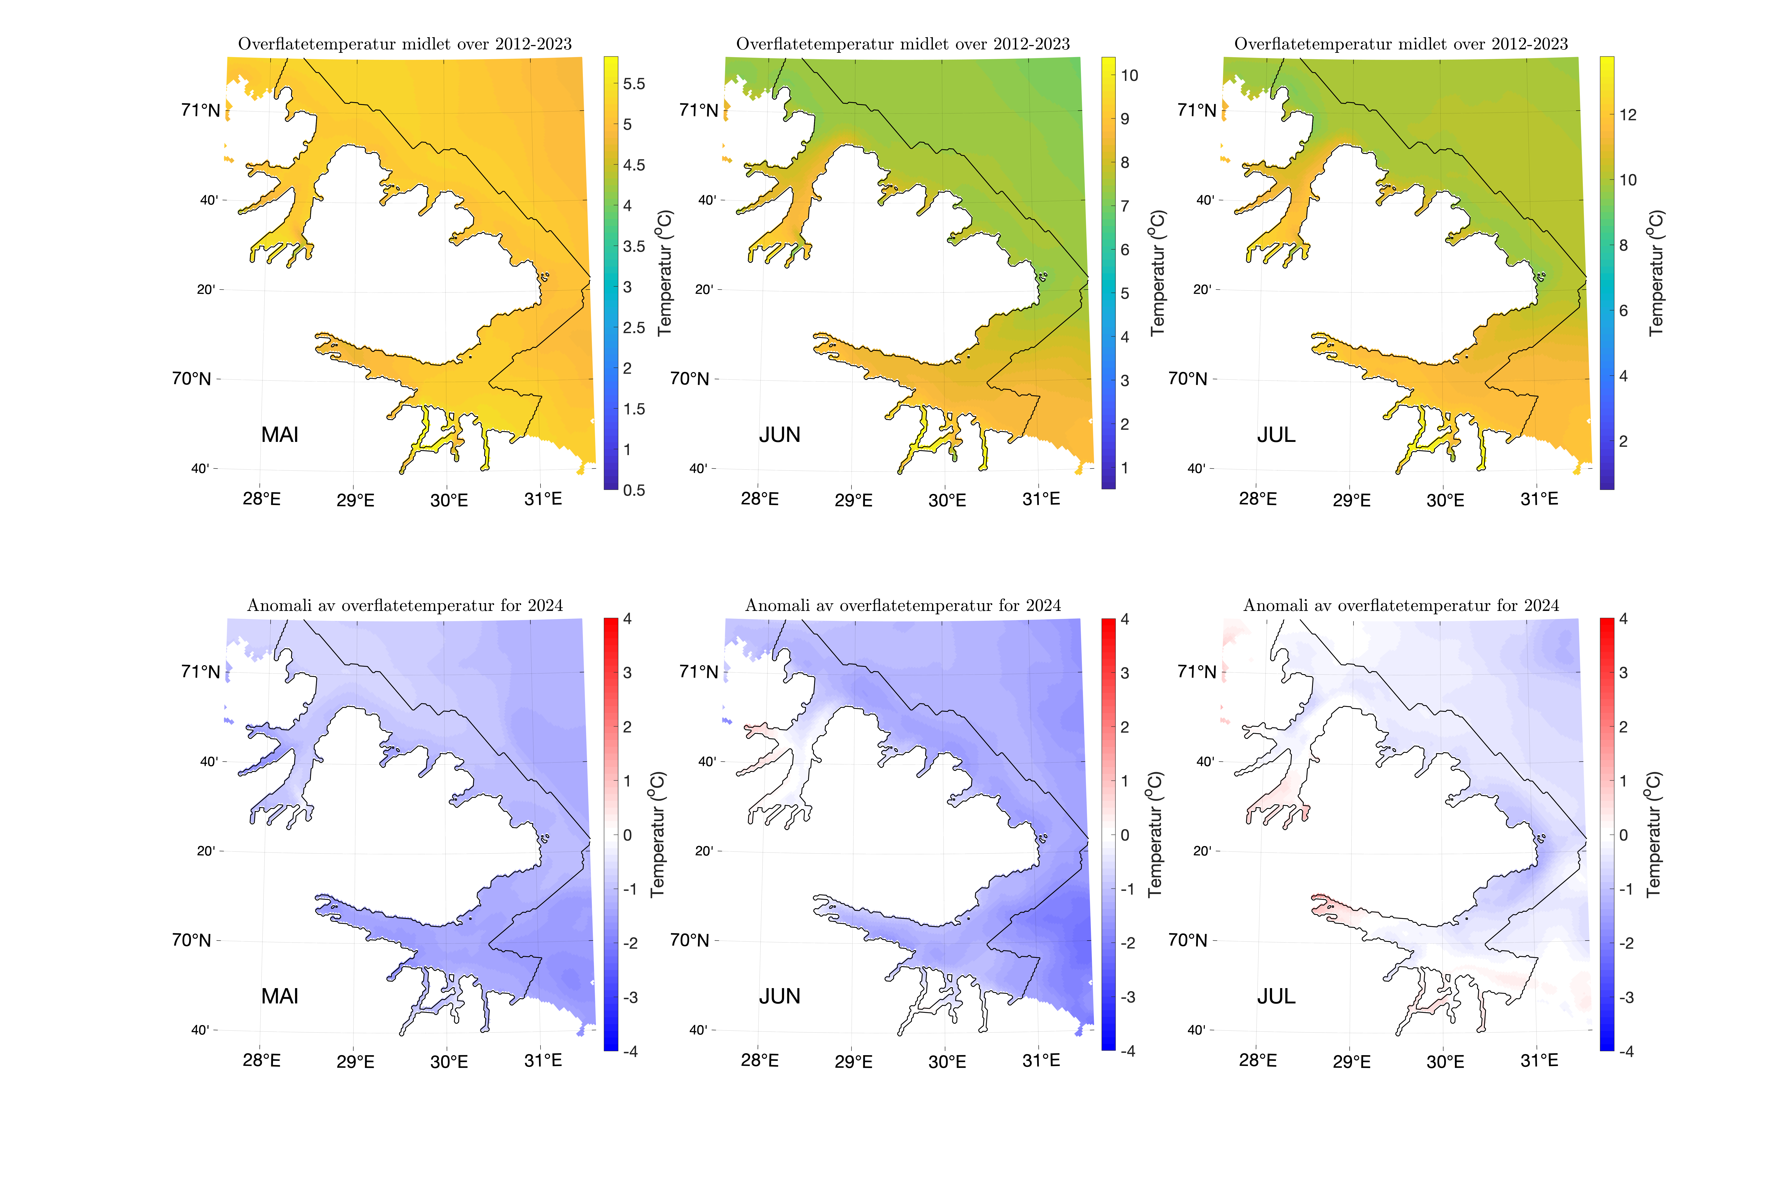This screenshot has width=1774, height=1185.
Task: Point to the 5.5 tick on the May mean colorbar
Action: (633, 84)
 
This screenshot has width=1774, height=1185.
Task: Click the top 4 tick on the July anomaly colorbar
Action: (1623, 619)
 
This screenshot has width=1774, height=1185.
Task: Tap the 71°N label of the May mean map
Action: (200, 110)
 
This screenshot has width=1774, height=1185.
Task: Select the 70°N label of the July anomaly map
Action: (1187, 940)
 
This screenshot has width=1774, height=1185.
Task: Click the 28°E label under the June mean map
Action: (760, 499)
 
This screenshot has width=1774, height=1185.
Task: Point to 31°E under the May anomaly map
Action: (543, 1060)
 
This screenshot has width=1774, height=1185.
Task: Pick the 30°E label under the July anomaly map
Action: (1445, 1062)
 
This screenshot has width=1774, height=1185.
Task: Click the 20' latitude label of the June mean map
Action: (704, 289)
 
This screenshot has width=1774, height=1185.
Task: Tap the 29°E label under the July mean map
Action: (1351, 500)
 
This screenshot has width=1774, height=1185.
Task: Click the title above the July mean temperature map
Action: (1401, 44)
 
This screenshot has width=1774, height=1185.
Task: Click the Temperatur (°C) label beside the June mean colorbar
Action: (1157, 273)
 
